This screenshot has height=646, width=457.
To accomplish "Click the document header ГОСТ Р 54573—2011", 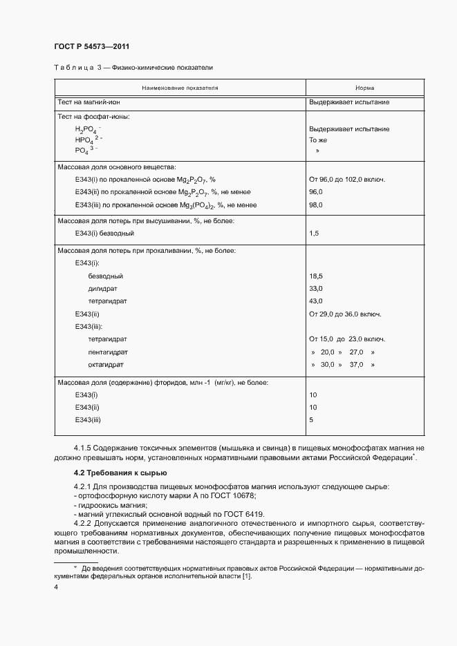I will tap(91, 46).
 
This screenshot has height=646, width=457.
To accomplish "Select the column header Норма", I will tap(364, 88).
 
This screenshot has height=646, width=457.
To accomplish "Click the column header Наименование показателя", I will tap(180, 88).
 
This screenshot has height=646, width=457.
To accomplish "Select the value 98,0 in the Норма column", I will tap(316, 205).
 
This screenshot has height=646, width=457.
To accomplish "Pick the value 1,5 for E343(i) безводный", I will tap(314, 234).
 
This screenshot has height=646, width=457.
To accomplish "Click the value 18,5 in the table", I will tap(316, 276).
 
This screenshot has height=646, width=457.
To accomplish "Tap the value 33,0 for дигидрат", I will tap(316, 288).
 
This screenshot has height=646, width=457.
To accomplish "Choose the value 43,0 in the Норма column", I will tap(316, 301).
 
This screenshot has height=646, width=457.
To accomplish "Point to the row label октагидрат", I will tap(106, 364).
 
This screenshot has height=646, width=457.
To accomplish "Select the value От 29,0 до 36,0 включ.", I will tap(346, 314).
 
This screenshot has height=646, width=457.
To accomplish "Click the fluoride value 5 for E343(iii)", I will tap(311, 419).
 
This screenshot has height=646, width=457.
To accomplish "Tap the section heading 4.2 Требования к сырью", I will tap(120, 473).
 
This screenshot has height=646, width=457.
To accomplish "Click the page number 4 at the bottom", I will tap(55, 587).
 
